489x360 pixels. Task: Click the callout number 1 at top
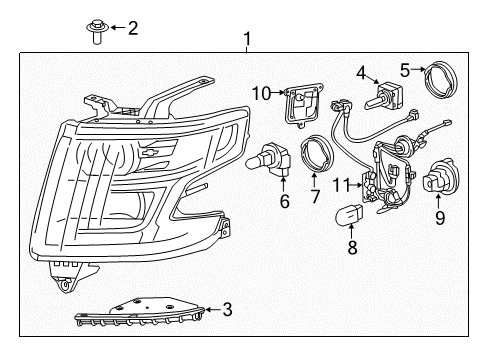246,40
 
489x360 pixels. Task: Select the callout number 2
133,27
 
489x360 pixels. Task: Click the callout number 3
228,310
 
